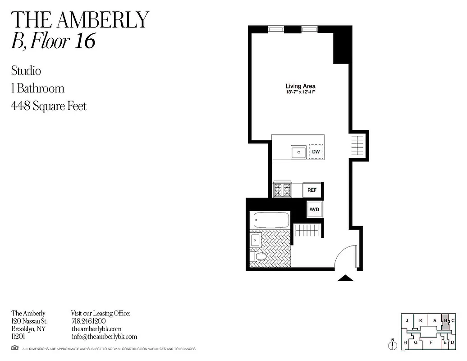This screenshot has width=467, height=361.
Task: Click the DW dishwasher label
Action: (x=316, y=152)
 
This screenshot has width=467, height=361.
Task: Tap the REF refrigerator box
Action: (x=312, y=190)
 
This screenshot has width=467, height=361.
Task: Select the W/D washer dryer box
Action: (x=314, y=209)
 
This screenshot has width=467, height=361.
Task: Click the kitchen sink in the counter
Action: (x=298, y=153)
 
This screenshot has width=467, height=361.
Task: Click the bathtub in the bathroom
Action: (x=271, y=220)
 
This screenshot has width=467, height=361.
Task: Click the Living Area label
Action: (x=300, y=86)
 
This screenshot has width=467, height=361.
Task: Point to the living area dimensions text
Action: (x=300, y=92)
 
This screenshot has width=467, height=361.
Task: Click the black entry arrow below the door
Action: (x=346, y=278)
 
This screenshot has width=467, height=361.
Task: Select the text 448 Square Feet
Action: (x=49, y=106)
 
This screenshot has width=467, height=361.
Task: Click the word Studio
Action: (x=26, y=71)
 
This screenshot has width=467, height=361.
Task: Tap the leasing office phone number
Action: (x=88, y=321)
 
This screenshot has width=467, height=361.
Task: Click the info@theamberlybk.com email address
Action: (x=104, y=337)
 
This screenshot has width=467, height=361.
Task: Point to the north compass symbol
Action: (x=393, y=345)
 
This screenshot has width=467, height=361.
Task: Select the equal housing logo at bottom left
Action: (x=15, y=348)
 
